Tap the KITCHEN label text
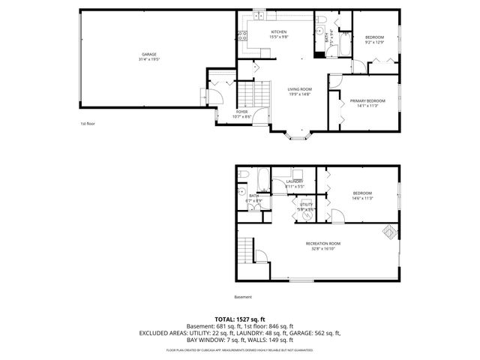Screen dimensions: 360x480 point(279,31)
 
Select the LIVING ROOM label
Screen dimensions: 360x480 point(299,89)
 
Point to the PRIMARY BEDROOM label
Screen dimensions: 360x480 point(367,100)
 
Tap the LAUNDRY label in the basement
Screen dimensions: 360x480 point(294,181)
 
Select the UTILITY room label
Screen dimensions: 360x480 point(306,204)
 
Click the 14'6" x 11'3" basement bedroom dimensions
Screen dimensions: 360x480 point(362,199)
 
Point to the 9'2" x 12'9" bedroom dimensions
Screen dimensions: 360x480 point(374,43)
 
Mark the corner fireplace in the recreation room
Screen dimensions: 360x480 point(389,232)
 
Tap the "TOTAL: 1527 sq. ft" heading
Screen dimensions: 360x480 point(239,319)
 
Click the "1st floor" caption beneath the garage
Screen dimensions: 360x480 point(88,123)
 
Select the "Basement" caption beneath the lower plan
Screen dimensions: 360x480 point(243,295)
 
